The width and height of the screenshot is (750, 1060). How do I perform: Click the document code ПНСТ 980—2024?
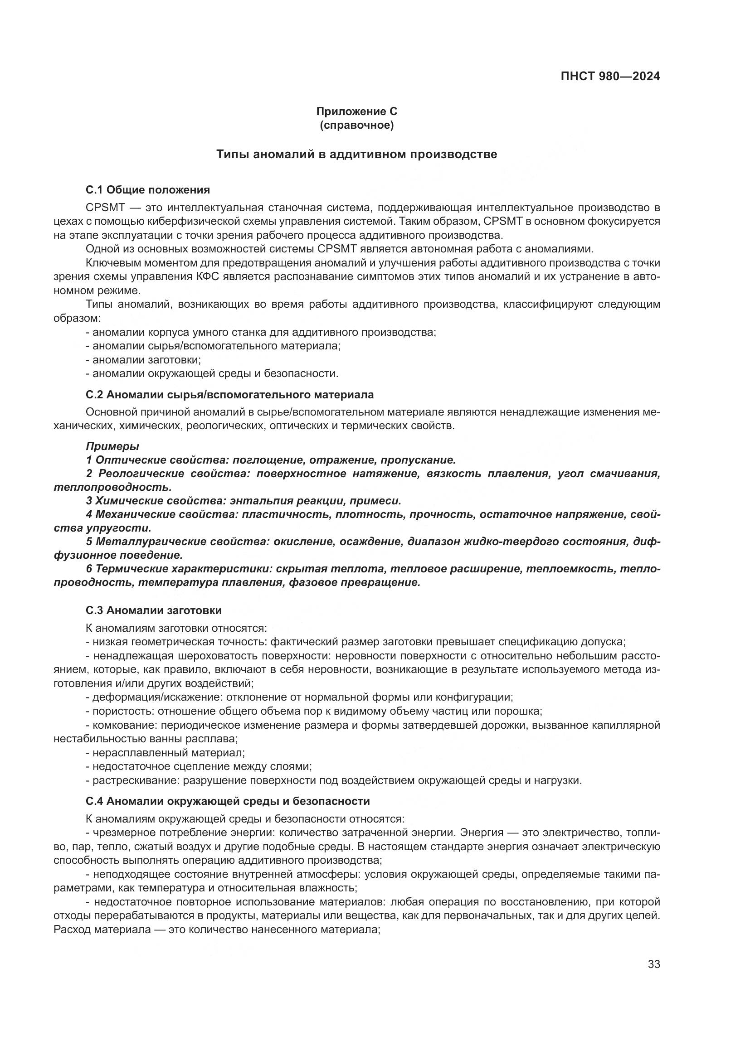point(610,77)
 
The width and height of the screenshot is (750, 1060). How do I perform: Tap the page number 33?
point(653,964)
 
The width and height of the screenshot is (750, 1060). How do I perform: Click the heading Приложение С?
point(356,111)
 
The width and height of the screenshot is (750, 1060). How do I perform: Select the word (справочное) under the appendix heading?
point(356,125)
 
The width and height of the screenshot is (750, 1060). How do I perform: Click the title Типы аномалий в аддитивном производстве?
point(356,155)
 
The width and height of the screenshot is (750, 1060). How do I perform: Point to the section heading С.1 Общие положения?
point(148,190)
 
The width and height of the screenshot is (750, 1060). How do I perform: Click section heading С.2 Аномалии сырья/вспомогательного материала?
point(229,395)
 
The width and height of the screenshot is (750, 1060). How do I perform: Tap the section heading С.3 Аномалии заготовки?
point(153,610)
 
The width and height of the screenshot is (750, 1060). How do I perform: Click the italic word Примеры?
point(112,446)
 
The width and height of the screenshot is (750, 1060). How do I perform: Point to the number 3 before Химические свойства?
point(89,501)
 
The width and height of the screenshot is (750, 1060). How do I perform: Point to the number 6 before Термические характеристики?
point(89,569)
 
